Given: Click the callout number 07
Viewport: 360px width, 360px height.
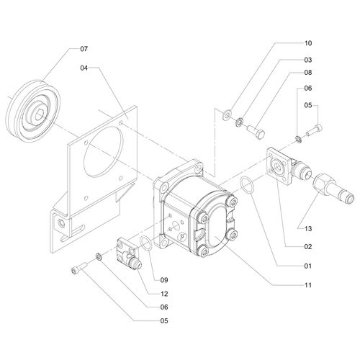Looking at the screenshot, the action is coord(84,49).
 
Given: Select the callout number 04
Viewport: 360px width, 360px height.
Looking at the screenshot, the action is coord(84,68).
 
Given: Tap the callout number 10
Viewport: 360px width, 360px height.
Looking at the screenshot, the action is coord(308,43).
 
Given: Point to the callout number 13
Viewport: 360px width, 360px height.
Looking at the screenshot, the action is coord(308,228).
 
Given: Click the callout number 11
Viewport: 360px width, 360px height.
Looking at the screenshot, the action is coord(308,285).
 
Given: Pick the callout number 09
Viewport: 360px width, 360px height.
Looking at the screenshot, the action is coord(164,280).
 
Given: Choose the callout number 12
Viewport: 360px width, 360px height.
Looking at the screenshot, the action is coord(164,294).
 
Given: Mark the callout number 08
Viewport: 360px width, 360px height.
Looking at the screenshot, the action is coord(308,73).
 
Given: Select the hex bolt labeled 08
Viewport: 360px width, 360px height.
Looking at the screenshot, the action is coord(256,132).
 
